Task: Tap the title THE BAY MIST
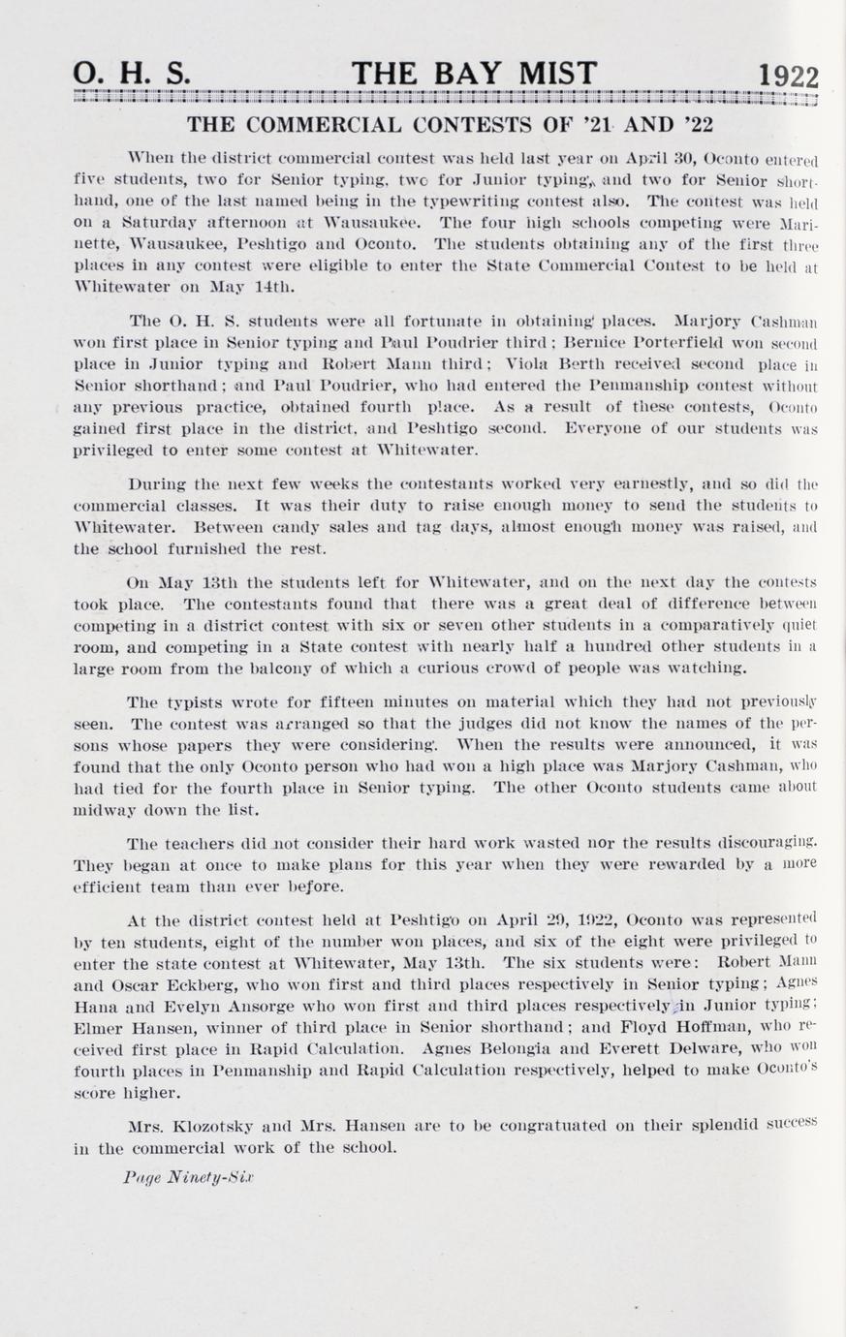pyautogui.click(x=474, y=74)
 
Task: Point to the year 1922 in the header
pyautogui.click(x=788, y=77)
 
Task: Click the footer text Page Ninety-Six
pyautogui.click(x=188, y=1177)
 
